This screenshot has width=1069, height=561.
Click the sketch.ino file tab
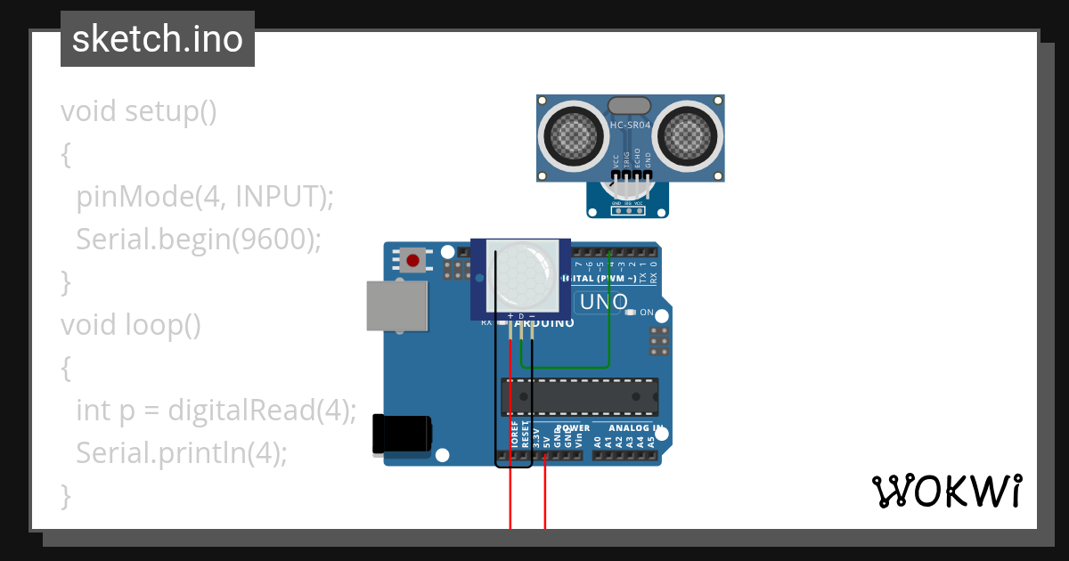pos(158,39)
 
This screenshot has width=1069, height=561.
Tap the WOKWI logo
pos(946,491)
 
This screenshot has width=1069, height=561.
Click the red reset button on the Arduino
pos(412,261)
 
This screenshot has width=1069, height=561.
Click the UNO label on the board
pos(603,303)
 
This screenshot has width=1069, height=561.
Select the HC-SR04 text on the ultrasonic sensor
pos(631,126)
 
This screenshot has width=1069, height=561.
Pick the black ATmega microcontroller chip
pos(580,397)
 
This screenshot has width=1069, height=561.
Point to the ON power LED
pos(631,313)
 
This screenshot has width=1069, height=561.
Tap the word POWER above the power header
pos(573,428)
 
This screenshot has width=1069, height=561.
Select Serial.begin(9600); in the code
pos(198,240)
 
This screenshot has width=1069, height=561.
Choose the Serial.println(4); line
pos(182,453)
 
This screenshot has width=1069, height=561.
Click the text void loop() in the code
pos(131,325)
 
